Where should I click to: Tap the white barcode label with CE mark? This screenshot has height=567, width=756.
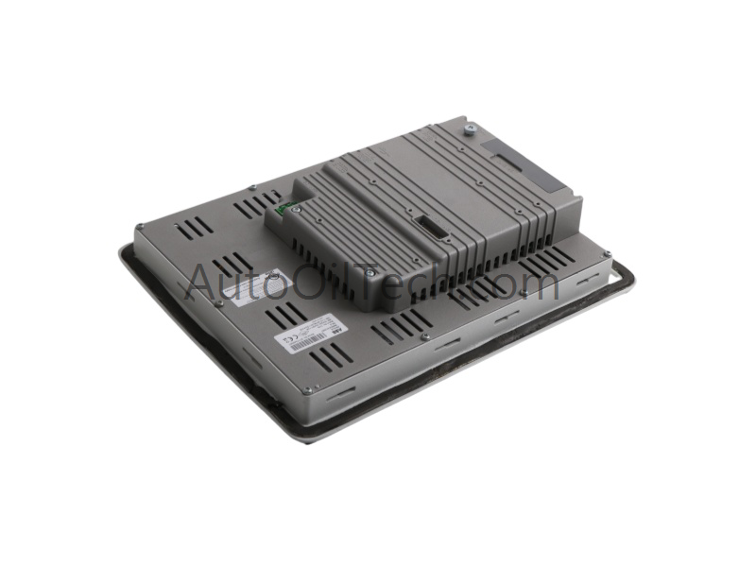[307, 337]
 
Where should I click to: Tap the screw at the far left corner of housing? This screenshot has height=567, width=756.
[140, 226]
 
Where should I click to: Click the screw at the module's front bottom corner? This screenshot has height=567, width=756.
[369, 276]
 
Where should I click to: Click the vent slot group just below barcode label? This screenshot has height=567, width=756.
[340, 363]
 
